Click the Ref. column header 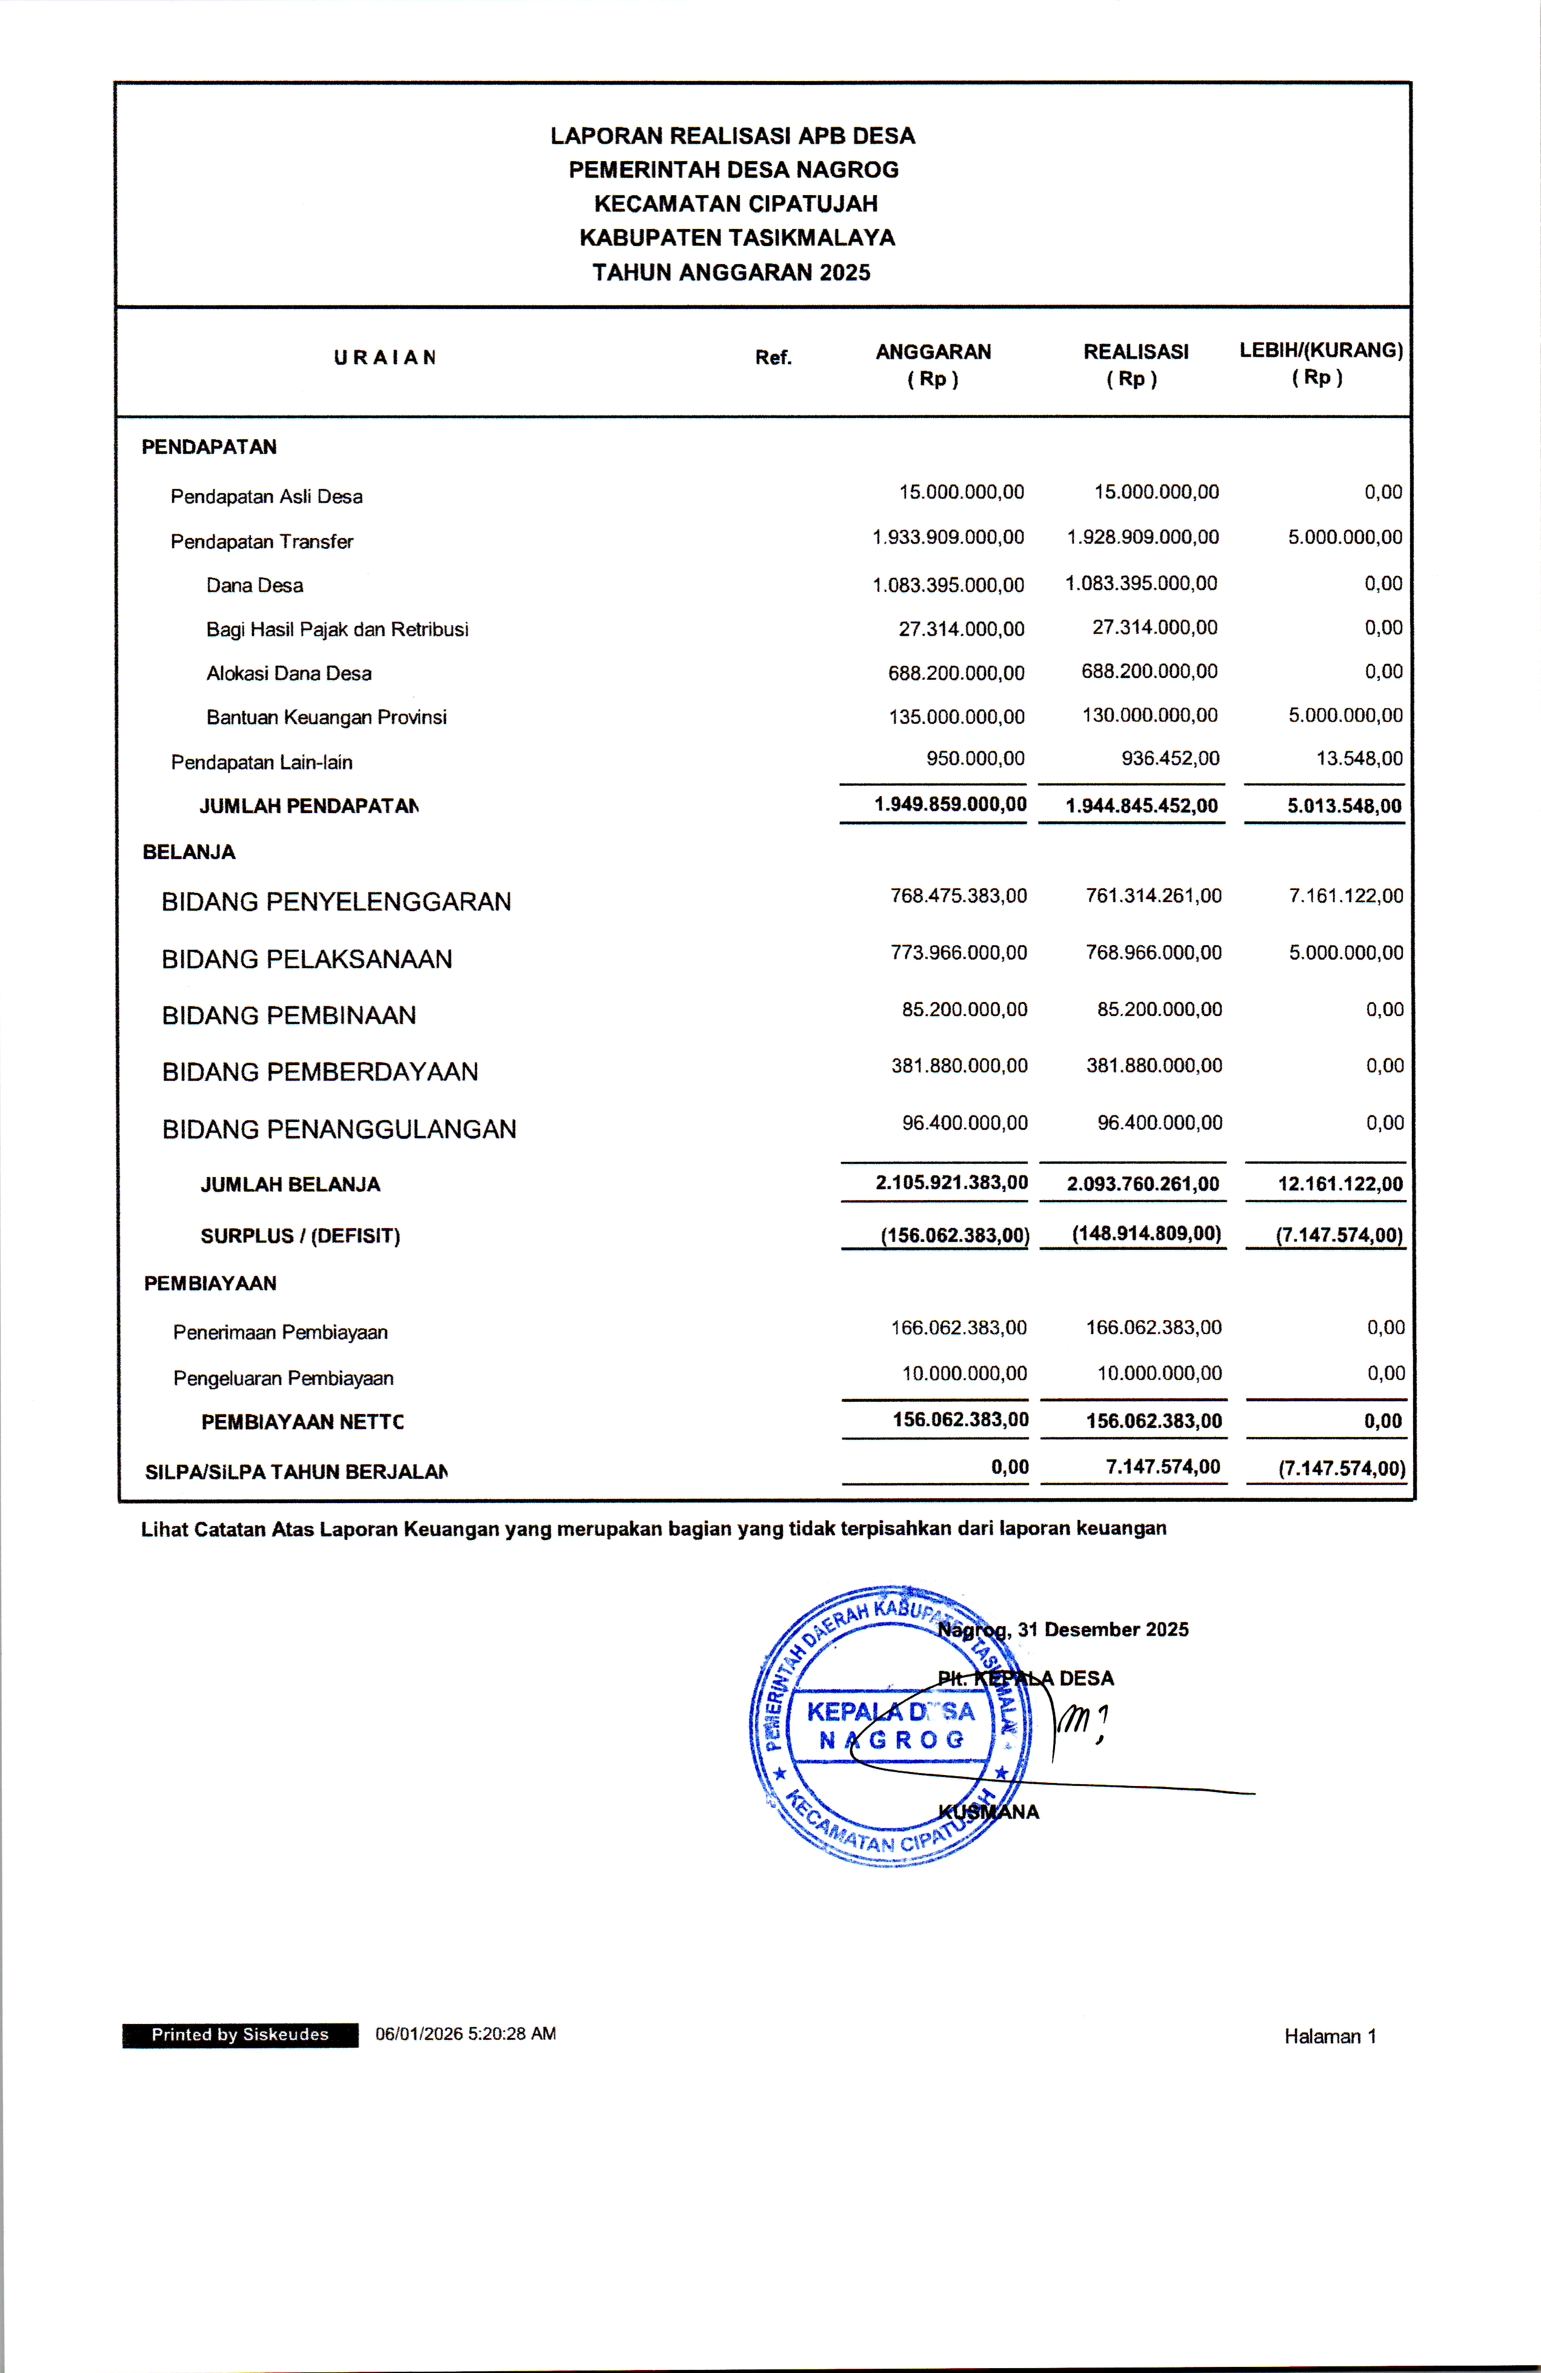point(773,357)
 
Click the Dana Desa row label point(255,585)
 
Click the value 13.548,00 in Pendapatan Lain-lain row point(1359,758)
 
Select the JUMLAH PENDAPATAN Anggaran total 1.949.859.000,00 point(950,804)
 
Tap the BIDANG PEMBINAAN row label point(289,1015)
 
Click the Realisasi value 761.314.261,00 point(1153,895)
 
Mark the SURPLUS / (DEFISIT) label point(300,1235)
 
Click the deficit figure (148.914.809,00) point(1146,1233)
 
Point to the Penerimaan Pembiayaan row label point(281,1332)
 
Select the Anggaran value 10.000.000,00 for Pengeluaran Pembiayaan point(964,1373)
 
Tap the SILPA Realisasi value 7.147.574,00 point(1162,1467)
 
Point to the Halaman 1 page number point(1330,2036)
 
